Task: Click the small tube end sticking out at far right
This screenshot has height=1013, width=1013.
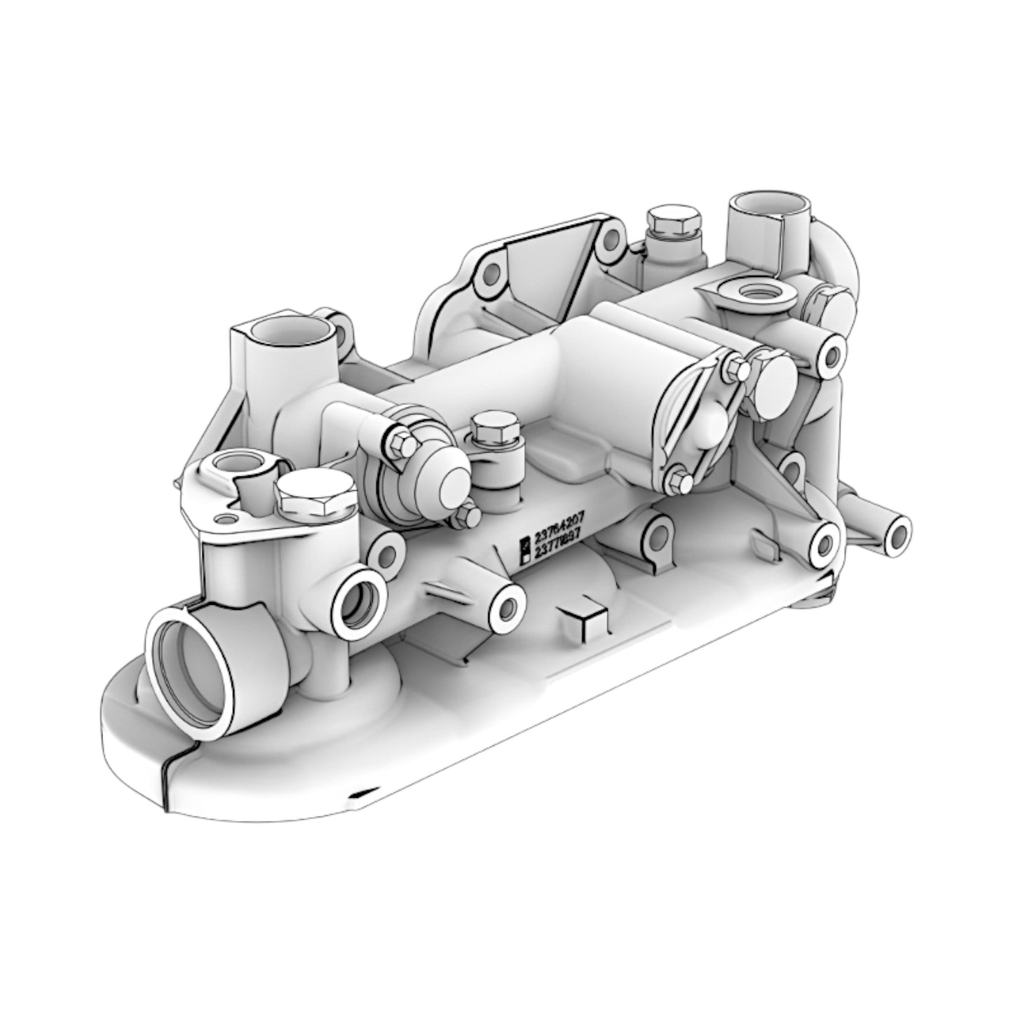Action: [897, 535]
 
